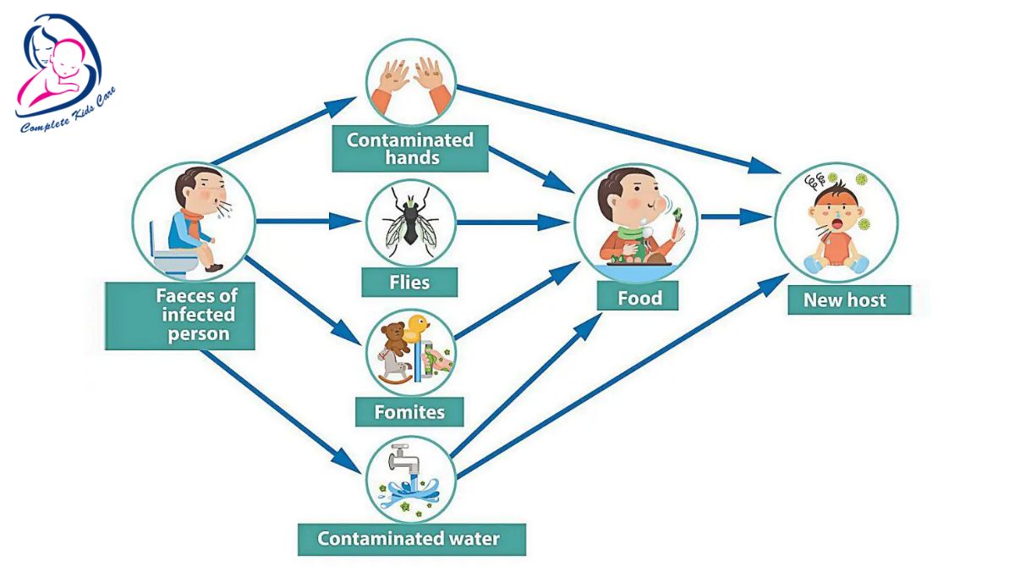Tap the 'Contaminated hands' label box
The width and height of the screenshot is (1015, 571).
pyautogui.click(x=409, y=148)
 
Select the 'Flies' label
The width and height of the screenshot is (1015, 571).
pyautogui.click(x=409, y=282)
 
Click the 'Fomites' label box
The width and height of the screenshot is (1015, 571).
pyautogui.click(x=409, y=412)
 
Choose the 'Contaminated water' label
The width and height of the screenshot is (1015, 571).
pyautogui.click(x=409, y=538)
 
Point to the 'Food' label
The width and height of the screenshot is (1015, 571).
pyautogui.click(x=638, y=298)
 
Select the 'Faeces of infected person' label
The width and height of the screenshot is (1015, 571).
pyautogui.click(x=180, y=316)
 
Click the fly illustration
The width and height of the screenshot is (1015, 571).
pyautogui.click(x=410, y=223)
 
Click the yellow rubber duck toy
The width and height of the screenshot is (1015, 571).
pyautogui.click(x=418, y=327)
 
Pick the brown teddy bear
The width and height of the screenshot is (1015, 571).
pyautogui.click(x=391, y=340)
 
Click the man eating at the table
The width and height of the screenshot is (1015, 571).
pyautogui.click(x=634, y=218)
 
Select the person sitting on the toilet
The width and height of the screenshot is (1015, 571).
pyautogui.click(x=190, y=222)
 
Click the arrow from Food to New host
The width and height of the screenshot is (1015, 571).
pyautogui.click(x=732, y=217)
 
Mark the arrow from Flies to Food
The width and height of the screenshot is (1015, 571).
pyautogui.click(x=512, y=222)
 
